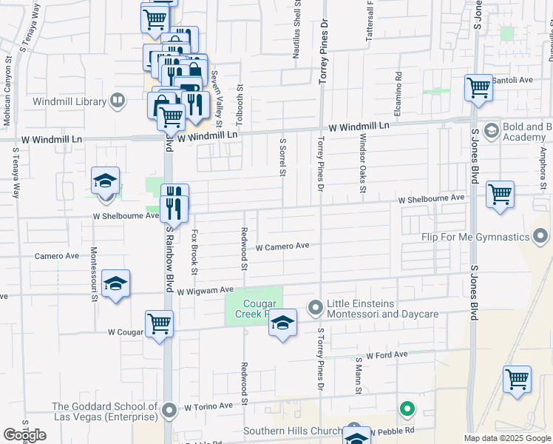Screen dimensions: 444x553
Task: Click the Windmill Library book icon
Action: click(117, 100)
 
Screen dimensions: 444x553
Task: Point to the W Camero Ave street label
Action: click(282, 246)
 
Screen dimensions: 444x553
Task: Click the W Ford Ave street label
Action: click(386, 355)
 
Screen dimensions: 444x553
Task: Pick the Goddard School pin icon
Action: click(169, 409)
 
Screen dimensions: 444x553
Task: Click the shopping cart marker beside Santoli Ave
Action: click(478, 87)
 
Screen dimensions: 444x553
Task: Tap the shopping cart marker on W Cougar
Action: click(159, 323)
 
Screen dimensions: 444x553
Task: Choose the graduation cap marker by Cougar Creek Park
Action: click(282, 323)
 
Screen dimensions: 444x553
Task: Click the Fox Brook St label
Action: click(194, 252)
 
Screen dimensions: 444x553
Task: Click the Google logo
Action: click(25, 435)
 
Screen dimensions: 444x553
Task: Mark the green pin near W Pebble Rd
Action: click(406, 408)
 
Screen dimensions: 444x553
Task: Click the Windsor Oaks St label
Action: click(362, 163)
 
